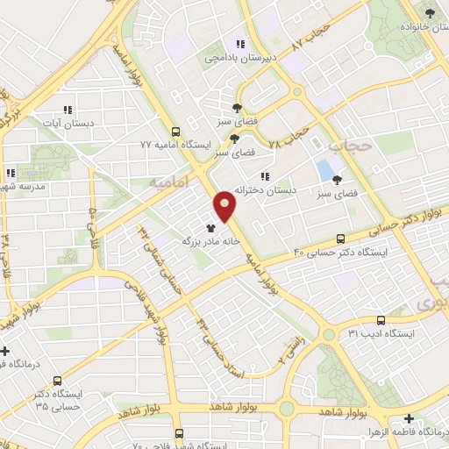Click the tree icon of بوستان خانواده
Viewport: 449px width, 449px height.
(429, 12)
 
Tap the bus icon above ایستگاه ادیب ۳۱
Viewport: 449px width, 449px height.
(380, 320)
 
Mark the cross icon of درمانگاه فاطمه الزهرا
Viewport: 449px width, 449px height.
(410, 420)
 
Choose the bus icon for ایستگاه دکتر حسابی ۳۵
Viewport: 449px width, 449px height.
(57, 381)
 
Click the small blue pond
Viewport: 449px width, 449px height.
(325, 168)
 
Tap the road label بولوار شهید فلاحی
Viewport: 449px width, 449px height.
(163, 312)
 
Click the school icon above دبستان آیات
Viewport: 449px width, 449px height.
(66, 110)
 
